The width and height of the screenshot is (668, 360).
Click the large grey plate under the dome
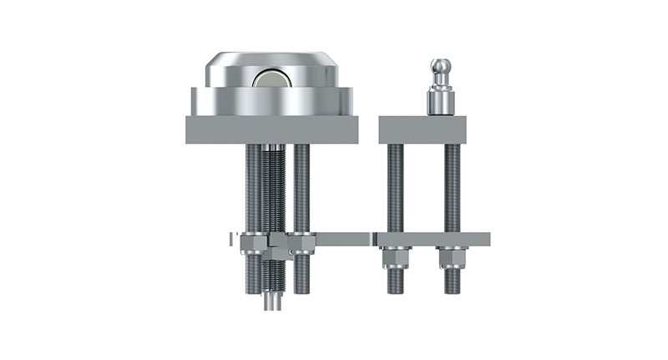pos(271,129)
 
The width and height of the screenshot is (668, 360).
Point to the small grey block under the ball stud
pos(422,129)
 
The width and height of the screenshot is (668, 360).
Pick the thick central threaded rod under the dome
pos(273,192)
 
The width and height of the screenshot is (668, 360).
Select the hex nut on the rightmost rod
pos(451,257)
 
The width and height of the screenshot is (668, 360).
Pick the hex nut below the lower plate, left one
pos(395,257)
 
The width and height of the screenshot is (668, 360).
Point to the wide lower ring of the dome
pos(271,100)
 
